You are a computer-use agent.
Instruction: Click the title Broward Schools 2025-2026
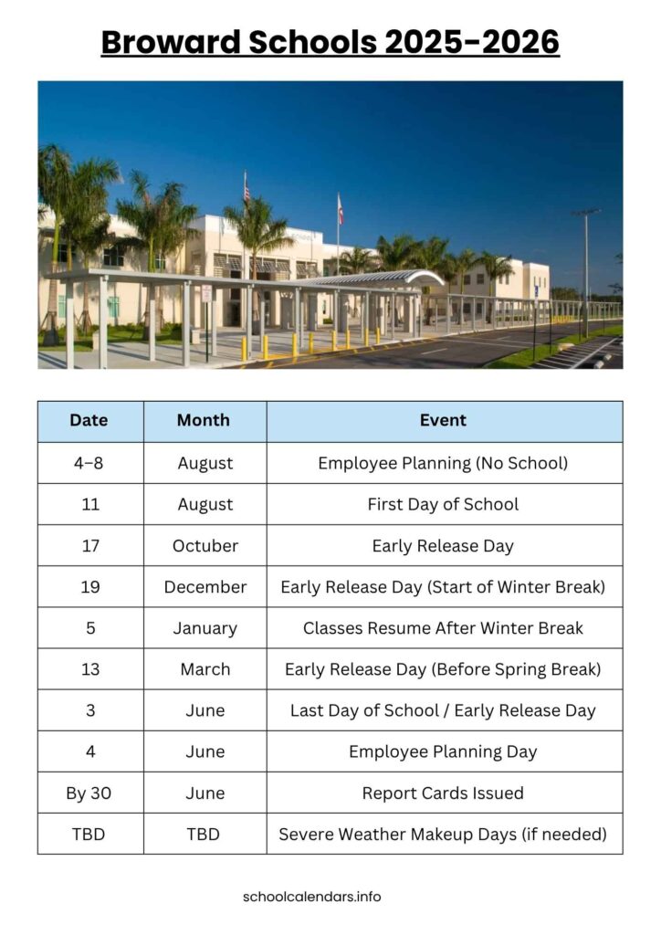[330, 42]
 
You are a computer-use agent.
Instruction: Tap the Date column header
[89, 421]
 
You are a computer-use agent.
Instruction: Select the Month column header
[205, 421]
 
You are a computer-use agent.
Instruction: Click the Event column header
[443, 421]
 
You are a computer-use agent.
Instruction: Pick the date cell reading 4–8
[89, 463]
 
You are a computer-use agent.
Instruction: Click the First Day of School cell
[443, 504]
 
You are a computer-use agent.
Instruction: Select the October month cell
[205, 546]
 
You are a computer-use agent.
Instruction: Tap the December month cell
[205, 587]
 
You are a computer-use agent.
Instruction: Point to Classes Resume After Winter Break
[443, 628]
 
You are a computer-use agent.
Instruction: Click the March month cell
[205, 669]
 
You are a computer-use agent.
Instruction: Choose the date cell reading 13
[89, 669]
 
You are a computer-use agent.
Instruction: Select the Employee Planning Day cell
[443, 752]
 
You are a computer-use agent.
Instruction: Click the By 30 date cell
[89, 793]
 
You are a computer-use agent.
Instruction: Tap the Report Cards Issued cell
[443, 793]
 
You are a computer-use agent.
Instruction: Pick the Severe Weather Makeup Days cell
[443, 835]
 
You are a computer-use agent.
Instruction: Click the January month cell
[205, 628]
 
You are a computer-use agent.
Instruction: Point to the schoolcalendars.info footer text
[312, 896]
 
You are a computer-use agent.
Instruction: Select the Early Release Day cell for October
[443, 546]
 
